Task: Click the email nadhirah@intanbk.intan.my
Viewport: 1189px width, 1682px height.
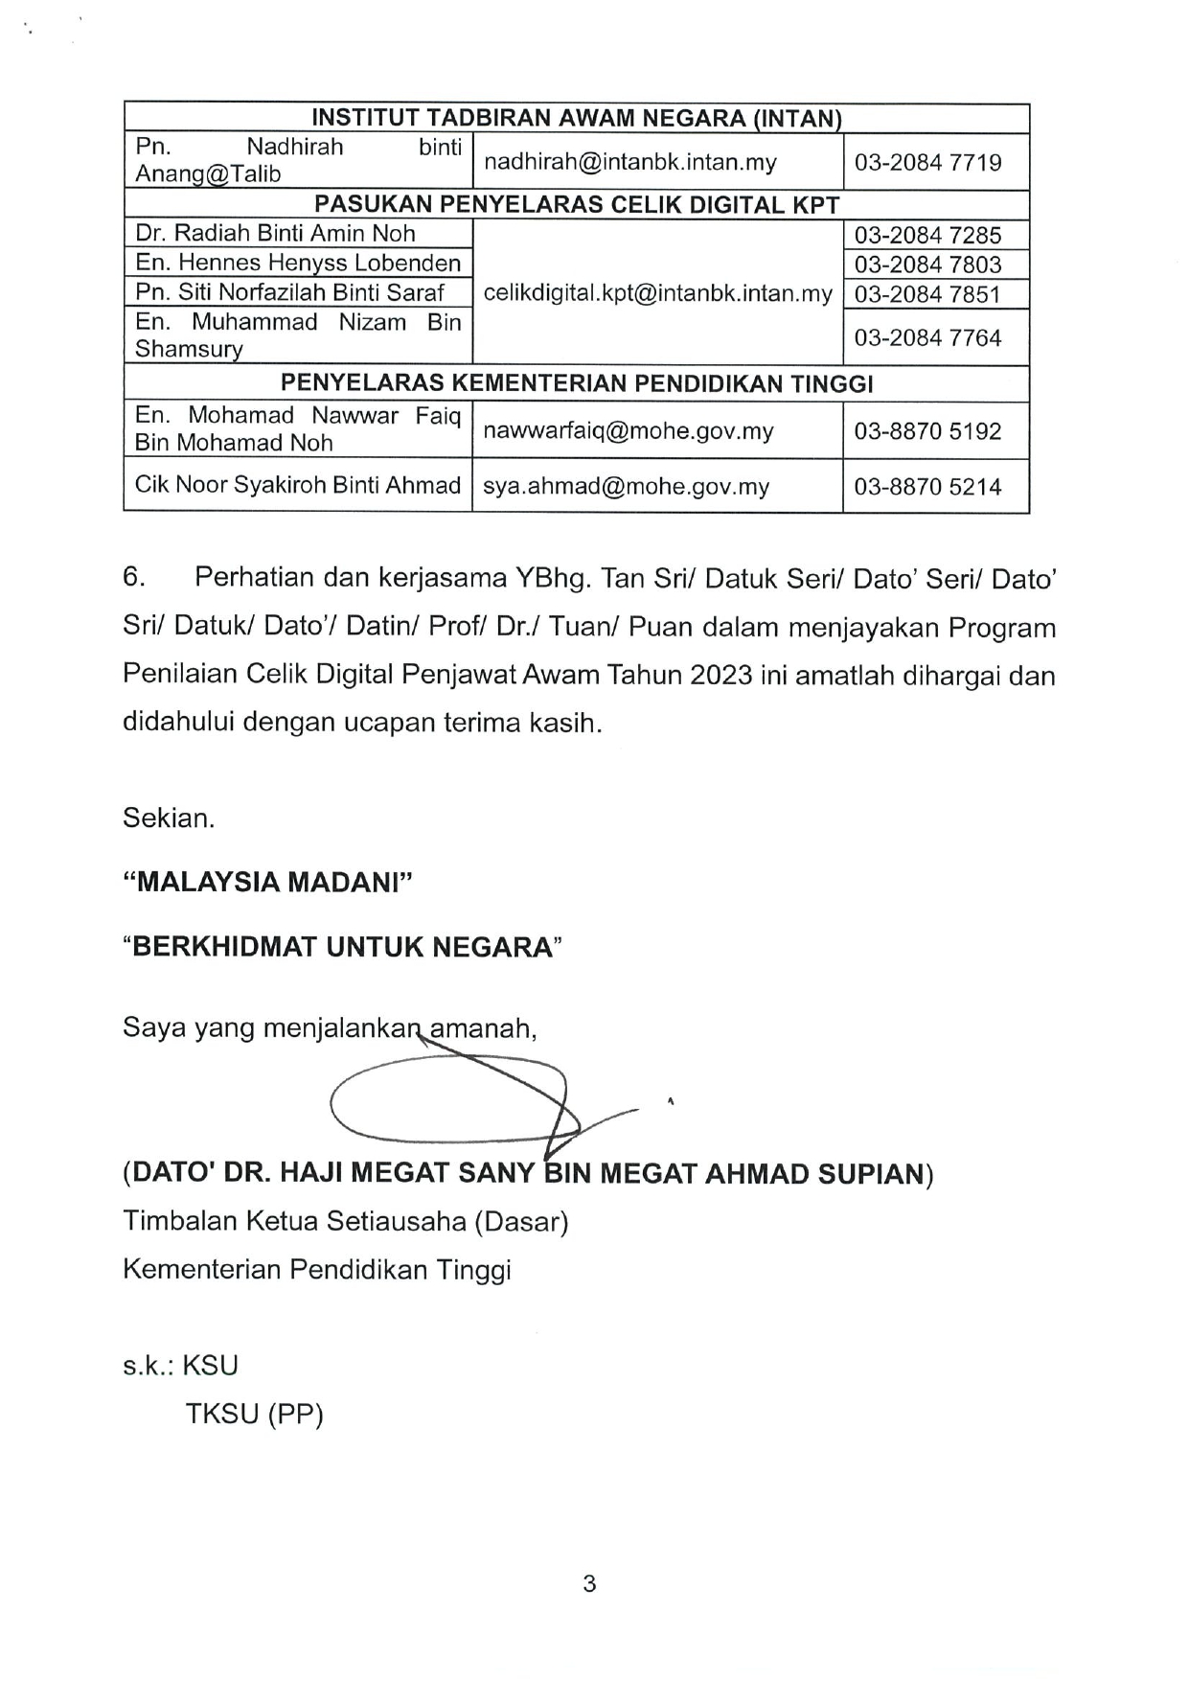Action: (629, 162)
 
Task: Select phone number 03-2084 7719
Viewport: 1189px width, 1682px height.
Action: (927, 162)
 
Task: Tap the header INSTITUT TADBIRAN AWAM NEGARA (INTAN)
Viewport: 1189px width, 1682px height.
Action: (576, 119)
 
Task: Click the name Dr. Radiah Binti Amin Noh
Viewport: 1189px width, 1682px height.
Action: (275, 234)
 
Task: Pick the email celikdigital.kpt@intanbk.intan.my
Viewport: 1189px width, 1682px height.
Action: (657, 293)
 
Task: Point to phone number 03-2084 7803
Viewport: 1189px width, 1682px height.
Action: (927, 265)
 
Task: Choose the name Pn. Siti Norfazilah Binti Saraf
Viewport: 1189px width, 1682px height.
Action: (289, 292)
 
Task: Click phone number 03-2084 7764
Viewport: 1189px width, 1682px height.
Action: (927, 337)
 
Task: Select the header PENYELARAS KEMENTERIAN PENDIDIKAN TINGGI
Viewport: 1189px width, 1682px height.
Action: (576, 383)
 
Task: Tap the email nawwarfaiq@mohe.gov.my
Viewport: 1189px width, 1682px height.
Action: (628, 430)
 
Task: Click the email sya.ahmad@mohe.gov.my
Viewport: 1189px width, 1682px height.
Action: (626, 486)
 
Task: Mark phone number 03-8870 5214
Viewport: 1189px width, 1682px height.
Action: (927, 486)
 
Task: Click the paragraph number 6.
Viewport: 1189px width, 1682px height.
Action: (133, 577)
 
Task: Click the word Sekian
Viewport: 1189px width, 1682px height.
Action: (169, 818)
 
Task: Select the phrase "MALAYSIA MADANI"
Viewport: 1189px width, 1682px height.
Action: (267, 882)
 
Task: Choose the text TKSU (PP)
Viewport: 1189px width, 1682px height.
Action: (254, 1414)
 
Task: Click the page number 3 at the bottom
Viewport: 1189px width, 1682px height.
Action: (589, 1584)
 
